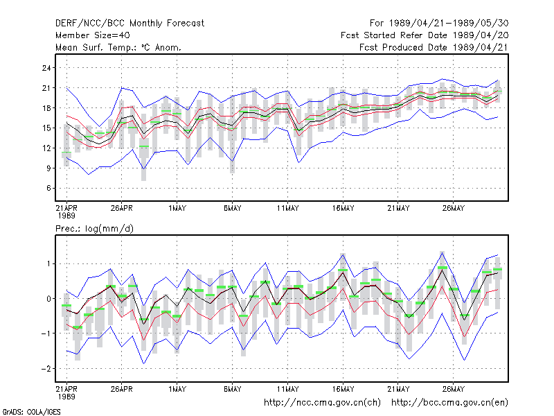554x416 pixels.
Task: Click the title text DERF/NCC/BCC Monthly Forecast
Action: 129,24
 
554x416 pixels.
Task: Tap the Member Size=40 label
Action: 93,35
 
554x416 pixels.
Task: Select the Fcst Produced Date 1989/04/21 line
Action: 434,47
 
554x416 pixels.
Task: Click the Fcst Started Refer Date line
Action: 425,35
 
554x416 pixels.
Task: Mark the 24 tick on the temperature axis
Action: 46,68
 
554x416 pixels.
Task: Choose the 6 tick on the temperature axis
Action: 48,188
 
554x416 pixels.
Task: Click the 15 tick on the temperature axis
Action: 46,128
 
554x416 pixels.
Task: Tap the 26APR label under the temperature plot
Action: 122,209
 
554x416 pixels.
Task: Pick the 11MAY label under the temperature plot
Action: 287,209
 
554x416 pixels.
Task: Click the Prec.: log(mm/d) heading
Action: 94,229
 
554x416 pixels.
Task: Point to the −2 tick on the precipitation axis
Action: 46,369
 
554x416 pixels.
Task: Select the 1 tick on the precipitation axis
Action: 48,264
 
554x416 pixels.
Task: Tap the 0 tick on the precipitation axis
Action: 48,299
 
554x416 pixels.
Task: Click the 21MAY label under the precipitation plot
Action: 398,390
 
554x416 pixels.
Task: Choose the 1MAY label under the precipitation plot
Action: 177,390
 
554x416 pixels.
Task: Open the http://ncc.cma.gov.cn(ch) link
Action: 322,403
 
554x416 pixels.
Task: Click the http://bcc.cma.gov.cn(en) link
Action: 449,403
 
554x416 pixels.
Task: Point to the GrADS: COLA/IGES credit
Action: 31,412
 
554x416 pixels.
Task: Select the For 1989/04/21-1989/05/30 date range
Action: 439,24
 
